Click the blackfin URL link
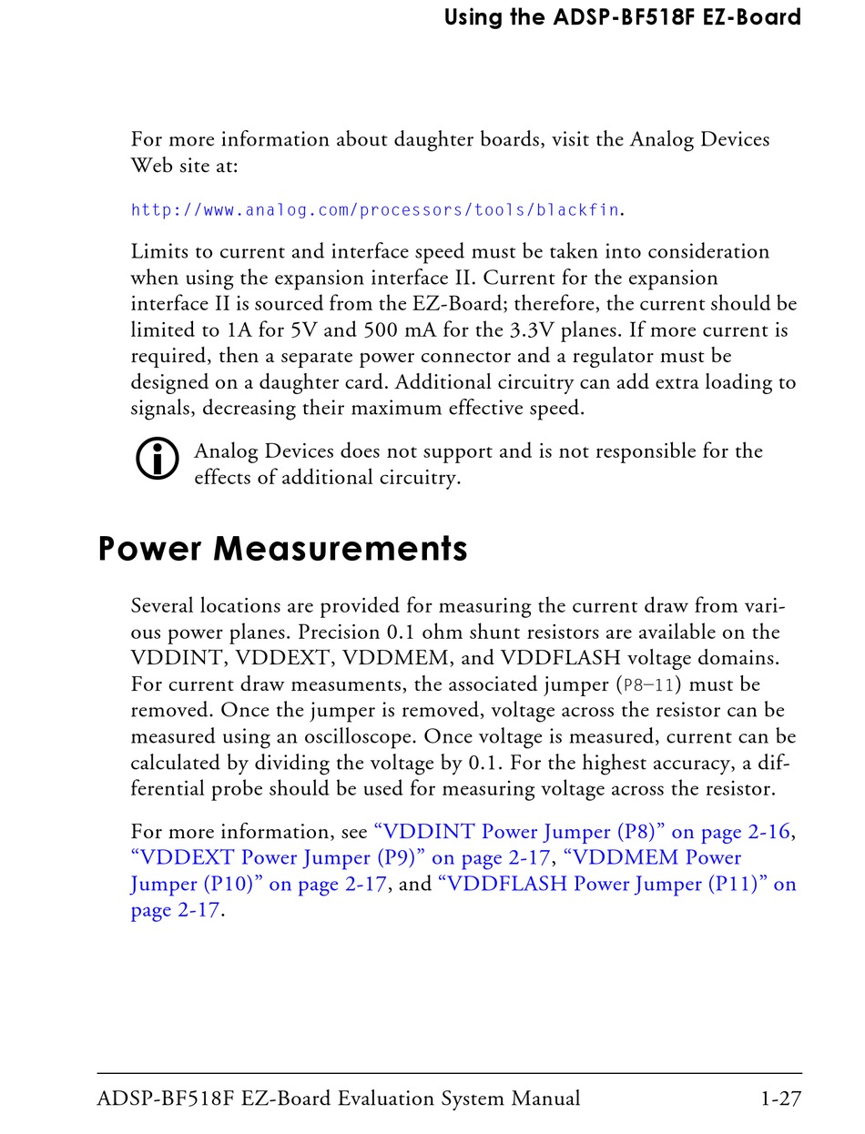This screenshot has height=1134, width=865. (376, 210)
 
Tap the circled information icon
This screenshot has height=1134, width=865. (157, 459)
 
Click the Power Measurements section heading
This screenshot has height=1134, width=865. (282, 550)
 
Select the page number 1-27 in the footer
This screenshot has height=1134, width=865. (780, 1099)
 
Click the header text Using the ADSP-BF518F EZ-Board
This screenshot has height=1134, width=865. (622, 17)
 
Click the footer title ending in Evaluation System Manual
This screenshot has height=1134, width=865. (338, 1099)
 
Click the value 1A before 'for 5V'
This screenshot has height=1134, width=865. (240, 329)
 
